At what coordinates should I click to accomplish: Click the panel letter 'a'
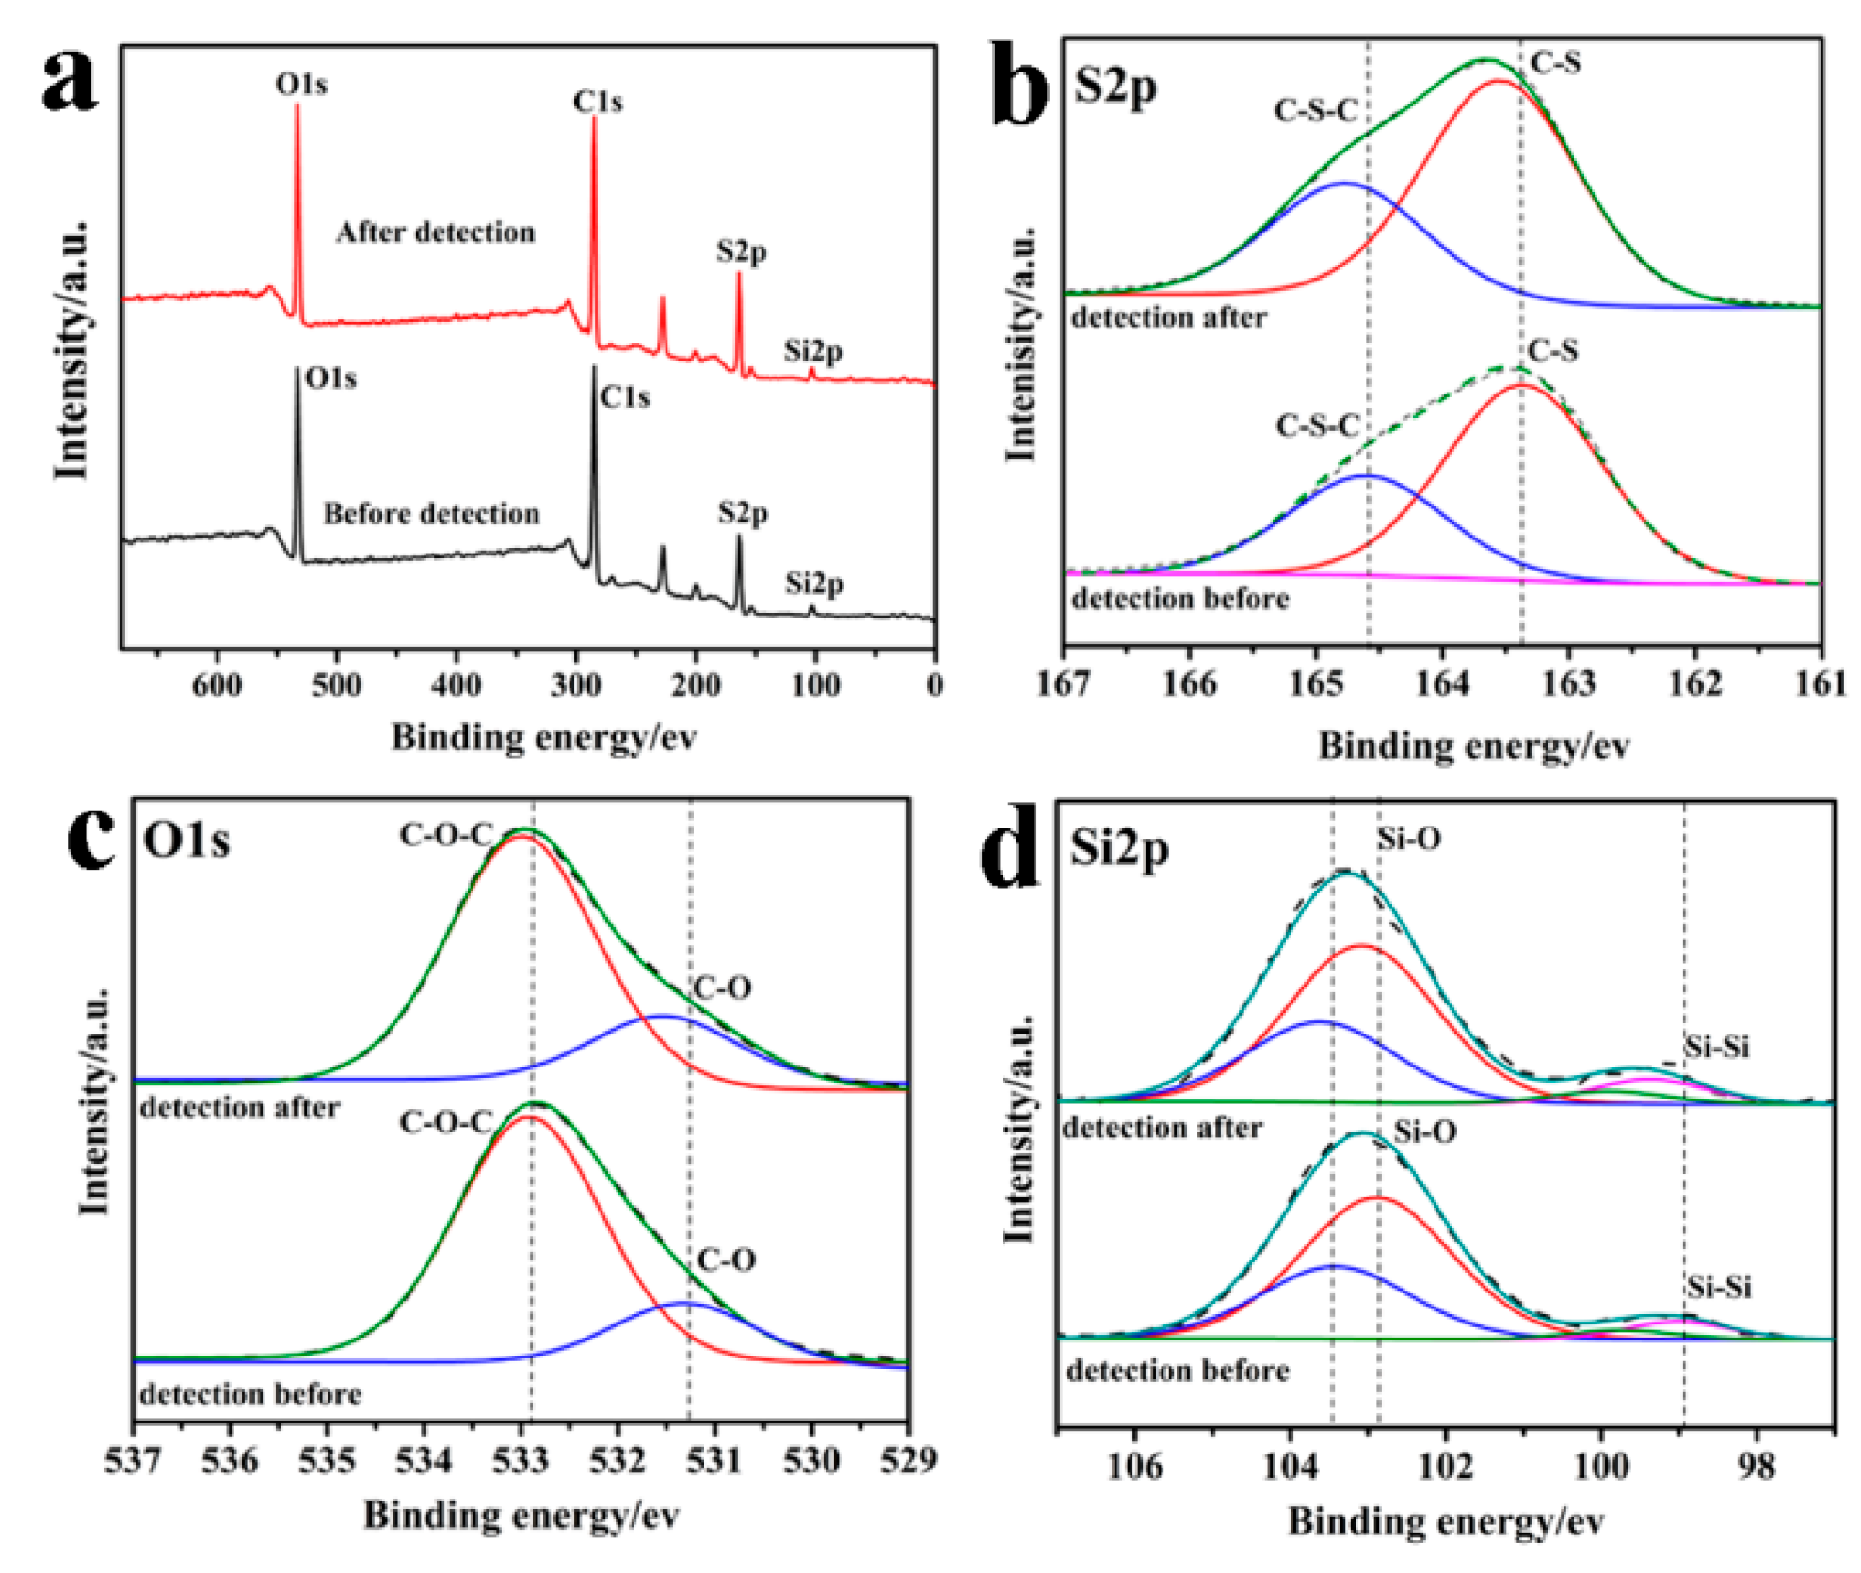click(70, 79)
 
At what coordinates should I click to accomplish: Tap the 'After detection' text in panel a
click(435, 233)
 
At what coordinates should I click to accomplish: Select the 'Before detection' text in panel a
click(431, 514)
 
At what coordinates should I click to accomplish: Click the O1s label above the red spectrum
click(301, 85)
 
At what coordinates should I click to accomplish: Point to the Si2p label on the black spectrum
click(815, 584)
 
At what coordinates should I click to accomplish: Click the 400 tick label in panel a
click(457, 685)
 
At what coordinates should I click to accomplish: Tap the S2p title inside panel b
click(1115, 88)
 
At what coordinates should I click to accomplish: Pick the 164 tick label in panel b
click(1442, 684)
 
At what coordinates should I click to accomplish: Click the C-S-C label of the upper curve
click(1316, 111)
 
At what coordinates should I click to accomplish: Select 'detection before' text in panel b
click(1180, 599)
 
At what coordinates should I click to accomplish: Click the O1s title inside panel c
click(186, 840)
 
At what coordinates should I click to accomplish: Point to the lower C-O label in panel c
click(726, 1260)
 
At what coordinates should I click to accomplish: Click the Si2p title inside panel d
click(1119, 849)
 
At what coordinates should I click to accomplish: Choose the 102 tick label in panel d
click(1446, 1467)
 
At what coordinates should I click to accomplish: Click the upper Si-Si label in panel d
click(1717, 1047)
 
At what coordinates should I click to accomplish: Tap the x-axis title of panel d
click(1446, 1522)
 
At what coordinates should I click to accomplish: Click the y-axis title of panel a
click(72, 350)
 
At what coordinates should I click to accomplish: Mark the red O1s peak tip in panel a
click(297, 105)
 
